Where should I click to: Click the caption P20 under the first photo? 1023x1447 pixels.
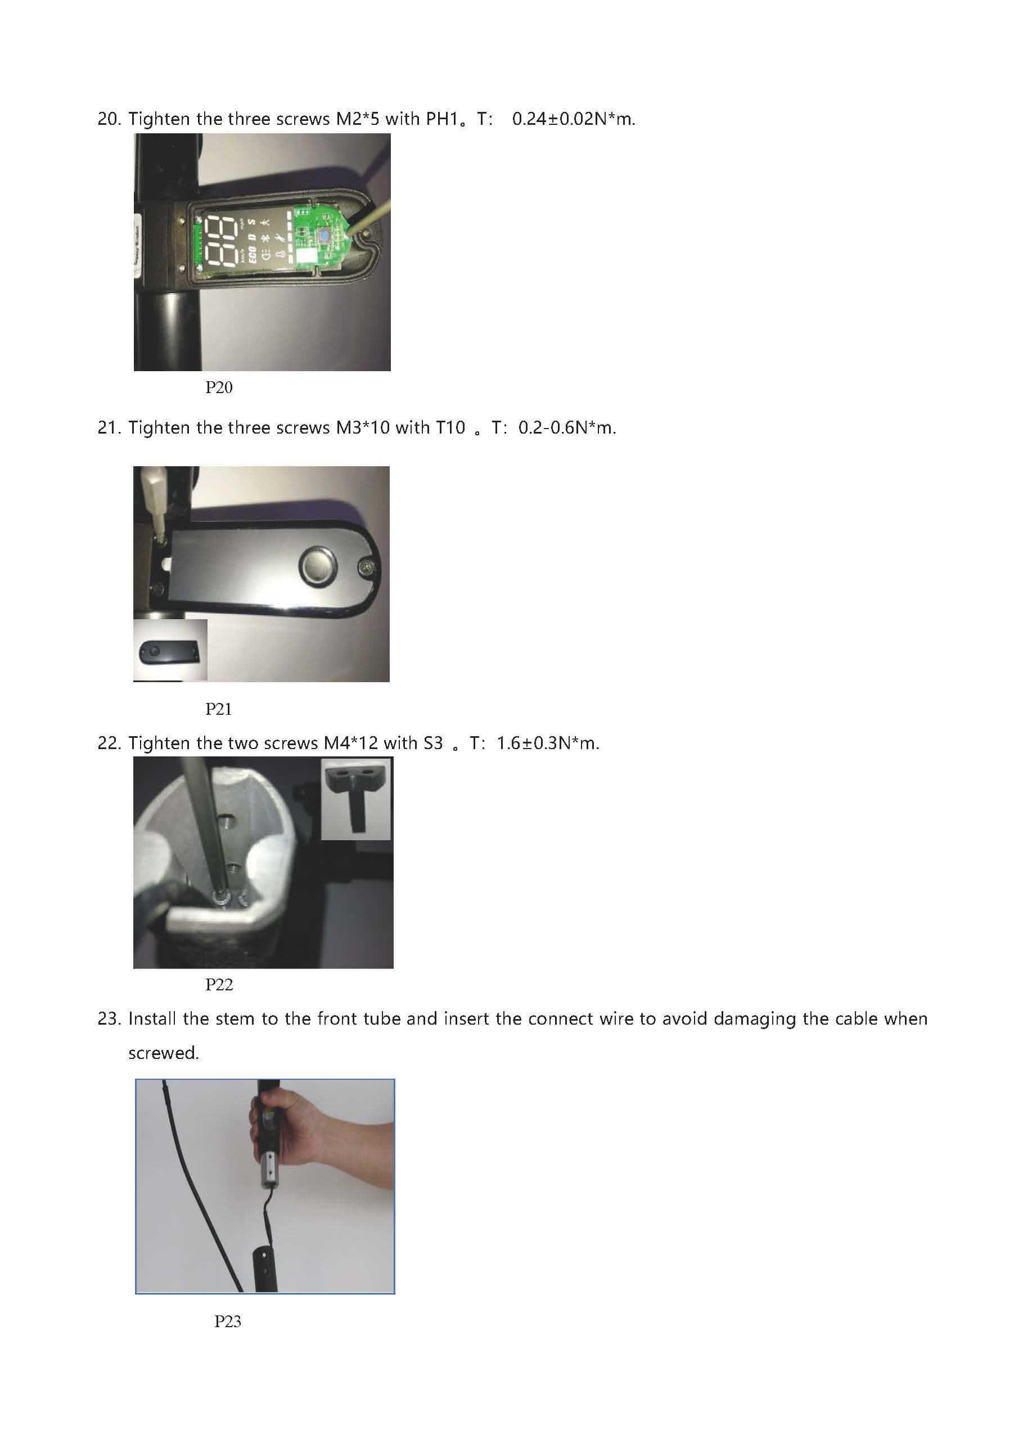point(219,387)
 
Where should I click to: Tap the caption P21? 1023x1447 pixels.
point(219,709)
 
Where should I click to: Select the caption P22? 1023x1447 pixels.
point(219,984)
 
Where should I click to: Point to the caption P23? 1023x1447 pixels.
point(228,1322)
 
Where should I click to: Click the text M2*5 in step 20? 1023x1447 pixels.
point(357,119)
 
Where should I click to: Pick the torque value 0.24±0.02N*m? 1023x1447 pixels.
point(573,119)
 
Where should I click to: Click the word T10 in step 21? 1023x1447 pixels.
point(450,428)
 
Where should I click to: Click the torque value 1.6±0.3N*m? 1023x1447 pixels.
point(547,743)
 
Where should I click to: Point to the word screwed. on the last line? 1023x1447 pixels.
point(163,1053)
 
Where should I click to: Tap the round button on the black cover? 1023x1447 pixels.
point(318,564)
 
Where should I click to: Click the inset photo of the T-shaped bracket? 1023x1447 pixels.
point(356,799)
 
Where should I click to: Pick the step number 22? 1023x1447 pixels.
point(109,743)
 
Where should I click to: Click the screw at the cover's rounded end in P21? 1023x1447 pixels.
point(366,568)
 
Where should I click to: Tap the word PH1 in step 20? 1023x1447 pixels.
point(442,119)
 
